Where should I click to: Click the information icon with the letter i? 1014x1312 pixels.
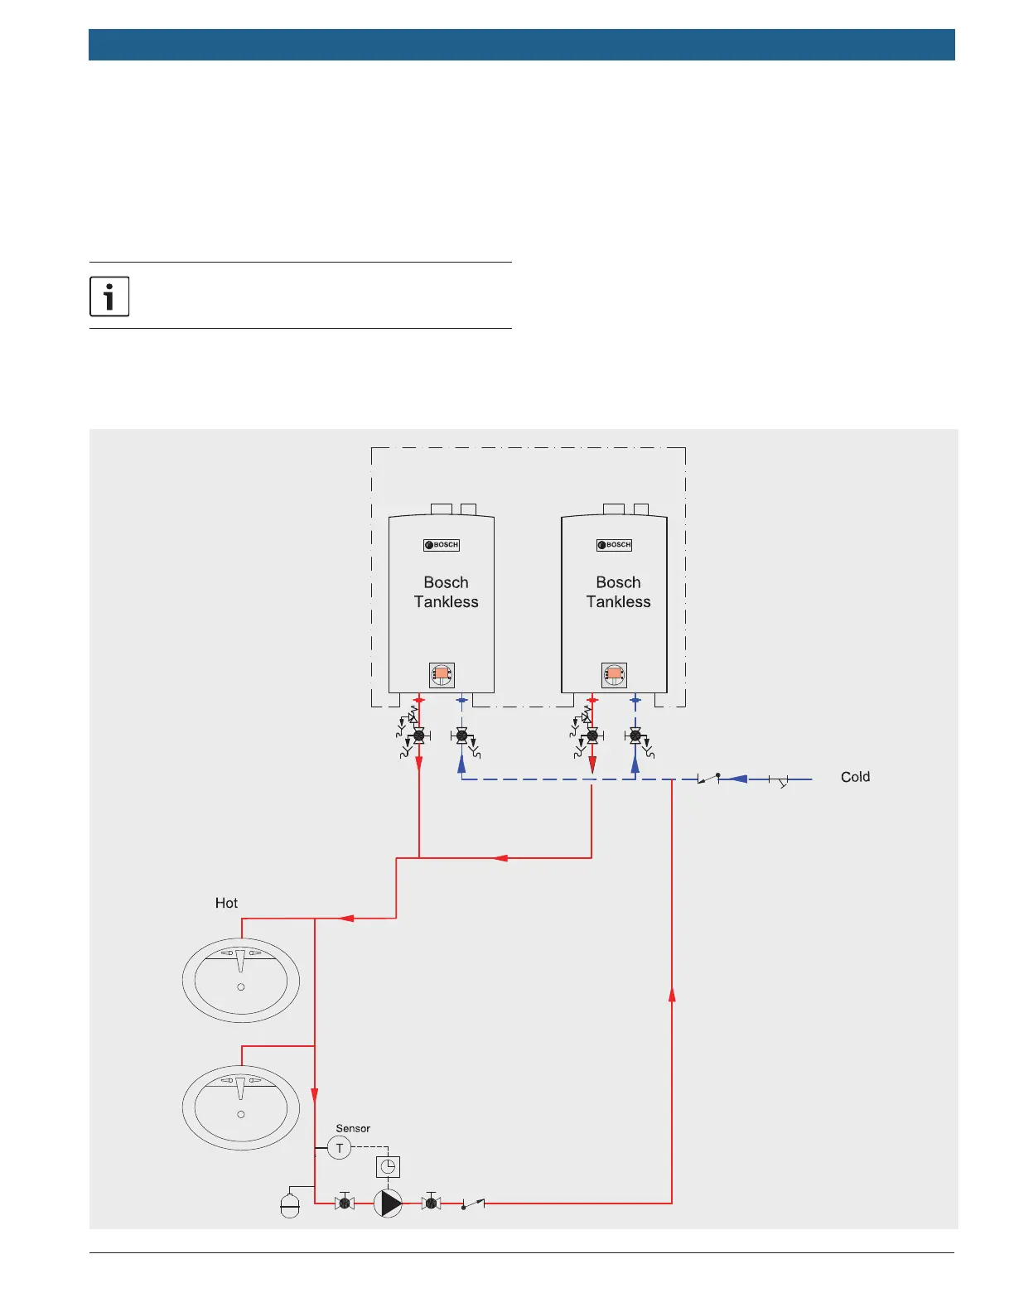(x=109, y=297)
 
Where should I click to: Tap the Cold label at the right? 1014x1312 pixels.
(x=855, y=777)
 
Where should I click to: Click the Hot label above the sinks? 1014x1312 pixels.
(x=226, y=903)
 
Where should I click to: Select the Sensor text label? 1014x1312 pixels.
(x=353, y=1128)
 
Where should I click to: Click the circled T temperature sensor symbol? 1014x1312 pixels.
(x=340, y=1148)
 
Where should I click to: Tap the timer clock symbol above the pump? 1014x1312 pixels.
(x=388, y=1166)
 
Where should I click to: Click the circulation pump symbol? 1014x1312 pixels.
(x=388, y=1203)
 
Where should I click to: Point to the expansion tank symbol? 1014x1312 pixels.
(x=290, y=1205)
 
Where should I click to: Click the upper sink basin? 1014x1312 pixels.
(x=241, y=980)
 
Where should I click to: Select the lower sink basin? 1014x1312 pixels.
(x=241, y=1107)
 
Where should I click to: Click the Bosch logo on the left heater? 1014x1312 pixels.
(x=442, y=545)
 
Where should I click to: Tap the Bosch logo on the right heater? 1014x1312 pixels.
(x=614, y=545)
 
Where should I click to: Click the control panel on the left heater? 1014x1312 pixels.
(x=442, y=675)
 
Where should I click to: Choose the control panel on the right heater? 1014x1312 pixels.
(x=614, y=675)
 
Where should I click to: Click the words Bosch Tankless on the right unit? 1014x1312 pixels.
(x=618, y=592)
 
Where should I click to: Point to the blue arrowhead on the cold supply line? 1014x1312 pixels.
(x=737, y=779)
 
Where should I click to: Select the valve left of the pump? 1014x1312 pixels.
(x=345, y=1203)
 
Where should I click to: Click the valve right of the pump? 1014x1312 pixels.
(x=431, y=1203)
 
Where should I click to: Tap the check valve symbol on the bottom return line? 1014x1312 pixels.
(x=473, y=1203)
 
